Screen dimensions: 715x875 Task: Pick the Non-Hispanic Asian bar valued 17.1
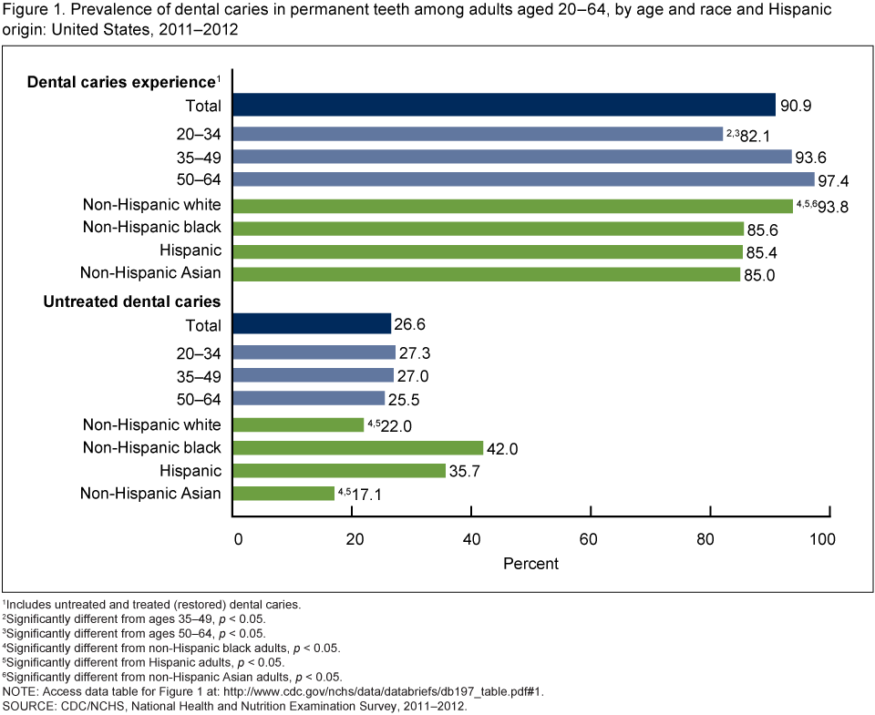pos(284,493)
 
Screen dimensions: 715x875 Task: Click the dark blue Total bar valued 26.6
pos(313,324)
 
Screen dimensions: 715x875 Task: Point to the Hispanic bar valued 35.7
pos(339,470)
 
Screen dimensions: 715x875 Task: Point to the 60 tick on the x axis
pos(590,539)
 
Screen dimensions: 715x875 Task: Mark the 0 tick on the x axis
pos(237,539)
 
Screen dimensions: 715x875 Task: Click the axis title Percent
pos(530,564)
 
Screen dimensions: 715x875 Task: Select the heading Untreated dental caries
pos(131,301)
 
